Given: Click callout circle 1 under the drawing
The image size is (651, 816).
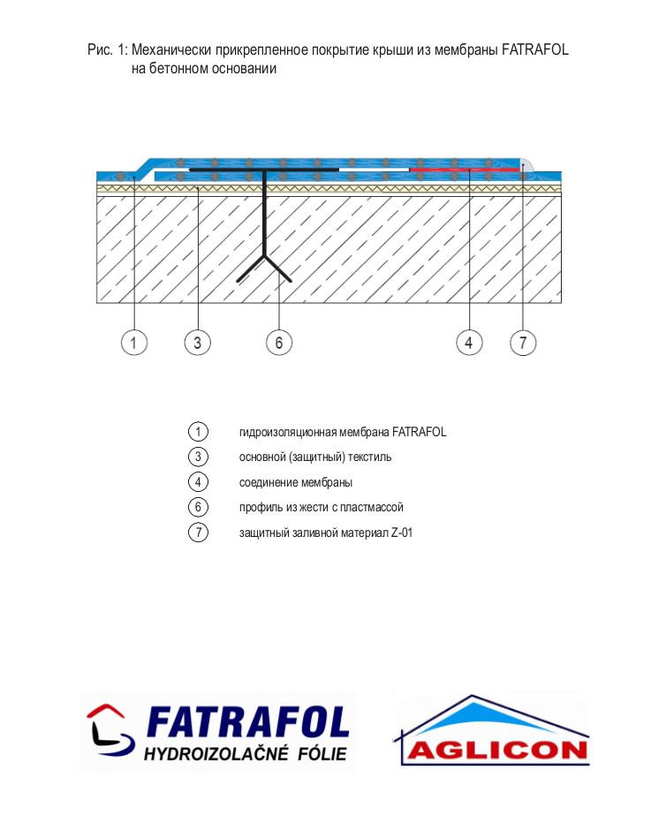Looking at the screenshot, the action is [133, 343].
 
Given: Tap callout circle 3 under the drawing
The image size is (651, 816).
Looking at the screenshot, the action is [197, 343].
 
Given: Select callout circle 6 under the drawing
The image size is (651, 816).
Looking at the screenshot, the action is [279, 343].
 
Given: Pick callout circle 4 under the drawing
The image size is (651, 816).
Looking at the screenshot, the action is [469, 343].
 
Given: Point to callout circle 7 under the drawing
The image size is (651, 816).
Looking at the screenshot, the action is [523, 343].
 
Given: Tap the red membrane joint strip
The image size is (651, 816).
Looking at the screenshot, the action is [465, 170].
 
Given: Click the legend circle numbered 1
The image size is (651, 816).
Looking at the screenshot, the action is [198, 432].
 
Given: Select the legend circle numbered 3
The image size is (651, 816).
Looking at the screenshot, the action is [198, 457].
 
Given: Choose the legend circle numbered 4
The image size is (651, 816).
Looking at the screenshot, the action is [198, 482].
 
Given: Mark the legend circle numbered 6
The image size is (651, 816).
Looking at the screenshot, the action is [198, 507].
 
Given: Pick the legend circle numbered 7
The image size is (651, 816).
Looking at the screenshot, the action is [198, 533].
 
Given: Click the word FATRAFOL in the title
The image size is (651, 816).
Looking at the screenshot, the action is [535, 50].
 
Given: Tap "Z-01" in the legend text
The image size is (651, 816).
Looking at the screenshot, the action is [402, 533].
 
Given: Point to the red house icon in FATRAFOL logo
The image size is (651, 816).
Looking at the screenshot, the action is [107, 714].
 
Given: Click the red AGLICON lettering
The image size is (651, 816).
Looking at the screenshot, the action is [496, 751].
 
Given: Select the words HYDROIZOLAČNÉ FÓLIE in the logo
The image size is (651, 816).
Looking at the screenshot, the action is [245, 753].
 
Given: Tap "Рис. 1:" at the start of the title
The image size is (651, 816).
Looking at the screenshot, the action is [107, 50].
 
